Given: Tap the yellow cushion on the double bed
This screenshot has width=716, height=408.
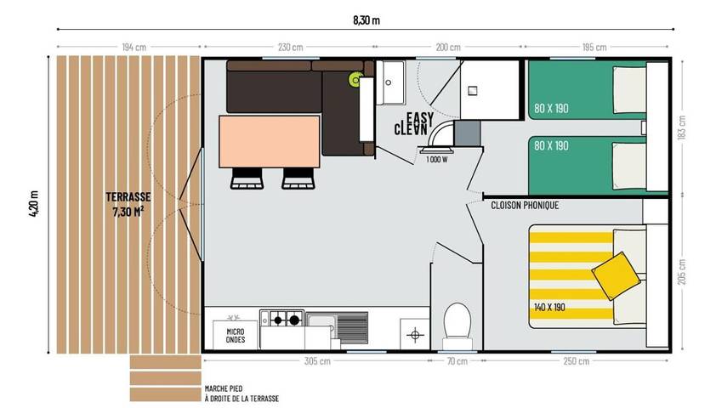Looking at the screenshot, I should (x=615, y=274).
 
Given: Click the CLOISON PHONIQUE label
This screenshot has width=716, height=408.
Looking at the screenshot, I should (x=524, y=205).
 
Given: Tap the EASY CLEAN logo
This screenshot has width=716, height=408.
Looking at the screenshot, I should (x=416, y=124).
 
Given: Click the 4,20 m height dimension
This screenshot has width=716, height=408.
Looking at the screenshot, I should (x=33, y=203).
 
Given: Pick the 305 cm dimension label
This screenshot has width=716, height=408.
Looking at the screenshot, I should (x=317, y=361).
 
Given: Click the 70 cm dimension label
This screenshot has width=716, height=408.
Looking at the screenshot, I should (x=457, y=361).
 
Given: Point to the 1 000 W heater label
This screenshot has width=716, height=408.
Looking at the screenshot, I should (x=436, y=159).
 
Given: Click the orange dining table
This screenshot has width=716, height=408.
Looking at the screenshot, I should (x=269, y=141).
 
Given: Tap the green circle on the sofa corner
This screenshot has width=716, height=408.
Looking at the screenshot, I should (x=355, y=80).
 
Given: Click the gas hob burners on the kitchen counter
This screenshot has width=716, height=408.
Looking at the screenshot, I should (x=282, y=320).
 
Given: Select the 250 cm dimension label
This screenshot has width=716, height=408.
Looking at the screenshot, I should (x=576, y=361).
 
